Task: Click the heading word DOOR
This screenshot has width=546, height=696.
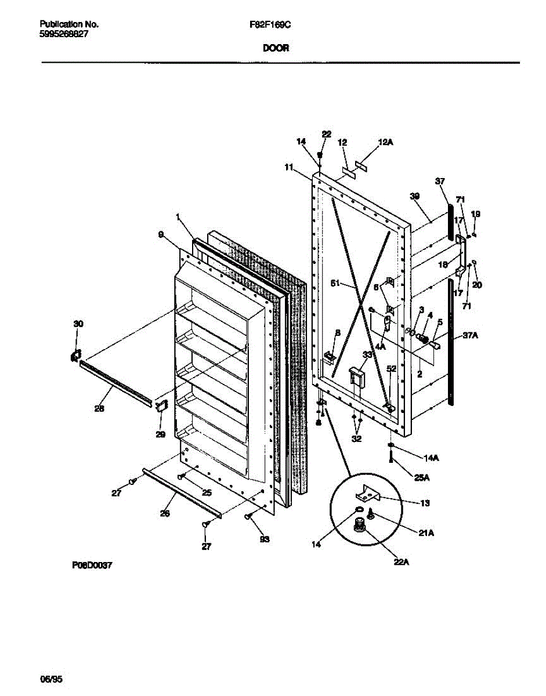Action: (276, 49)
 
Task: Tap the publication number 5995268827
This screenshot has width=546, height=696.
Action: (64, 34)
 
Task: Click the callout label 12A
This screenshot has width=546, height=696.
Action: (385, 142)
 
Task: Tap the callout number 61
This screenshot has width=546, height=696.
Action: (335, 284)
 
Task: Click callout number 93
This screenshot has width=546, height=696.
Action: (265, 539)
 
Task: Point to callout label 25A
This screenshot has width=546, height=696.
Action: (422, 477)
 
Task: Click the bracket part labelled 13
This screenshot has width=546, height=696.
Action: (367, 494)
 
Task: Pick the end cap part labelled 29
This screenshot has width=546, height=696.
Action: (161, 405)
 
